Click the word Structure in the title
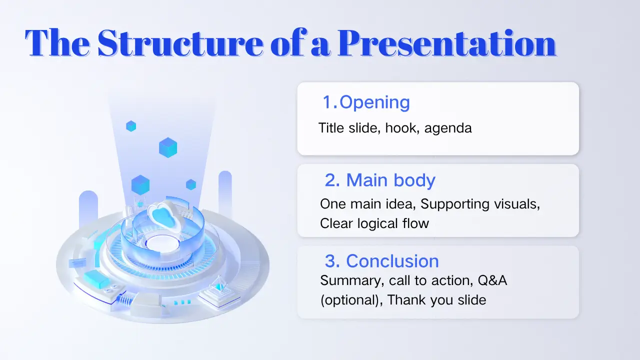180,43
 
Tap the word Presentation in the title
446,43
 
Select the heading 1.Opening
366,102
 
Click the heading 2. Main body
380,180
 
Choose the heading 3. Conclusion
381,261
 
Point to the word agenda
448,128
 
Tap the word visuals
517,204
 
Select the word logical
377,223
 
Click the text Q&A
492,280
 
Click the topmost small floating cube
131,126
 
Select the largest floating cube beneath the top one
168,147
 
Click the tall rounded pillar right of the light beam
225,194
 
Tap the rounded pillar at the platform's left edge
88,208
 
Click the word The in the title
57,43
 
